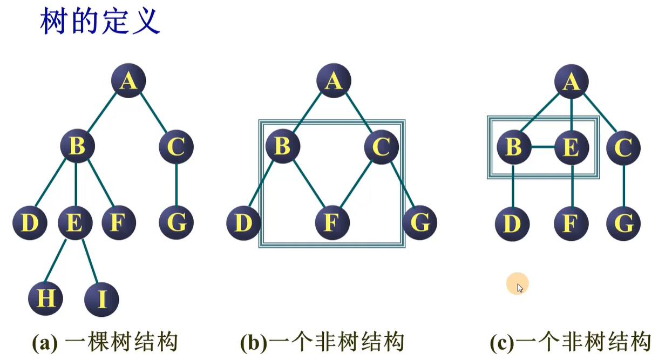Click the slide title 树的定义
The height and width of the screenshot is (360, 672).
[x=100, y=22]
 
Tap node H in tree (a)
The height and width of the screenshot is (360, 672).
[x=46, y=298]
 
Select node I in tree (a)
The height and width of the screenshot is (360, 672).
[x=101, y=299]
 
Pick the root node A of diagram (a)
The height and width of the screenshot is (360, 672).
[x=128, y=81]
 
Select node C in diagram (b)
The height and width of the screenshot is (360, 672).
[x=381, y=146]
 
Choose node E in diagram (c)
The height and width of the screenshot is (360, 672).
[x=571, y=147]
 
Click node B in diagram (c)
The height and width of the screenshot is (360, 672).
[x=513, y=147]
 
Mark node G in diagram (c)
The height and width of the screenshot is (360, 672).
[x=623, y=222]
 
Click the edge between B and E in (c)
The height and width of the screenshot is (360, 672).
[x=542, y=147]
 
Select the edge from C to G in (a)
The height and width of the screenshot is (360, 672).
[x=176, y=184]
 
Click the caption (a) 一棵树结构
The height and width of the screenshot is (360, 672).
[x=105, y=342]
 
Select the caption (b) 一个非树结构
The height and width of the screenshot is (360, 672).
[x=322, y=342]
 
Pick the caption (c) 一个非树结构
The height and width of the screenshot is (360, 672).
[x=571, y=342]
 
